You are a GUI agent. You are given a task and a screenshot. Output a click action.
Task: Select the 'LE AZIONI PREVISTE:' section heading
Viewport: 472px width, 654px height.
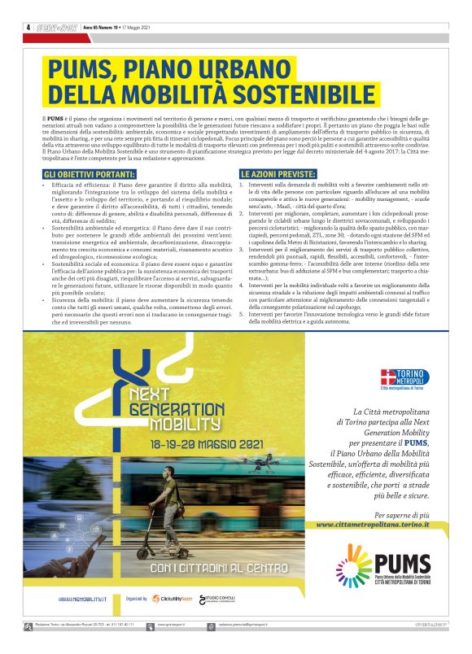(278, 174)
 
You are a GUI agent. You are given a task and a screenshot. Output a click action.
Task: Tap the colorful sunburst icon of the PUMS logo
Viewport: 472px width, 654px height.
(355, 562)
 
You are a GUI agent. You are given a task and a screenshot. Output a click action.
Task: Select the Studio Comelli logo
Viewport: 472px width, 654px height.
(222, 599)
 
